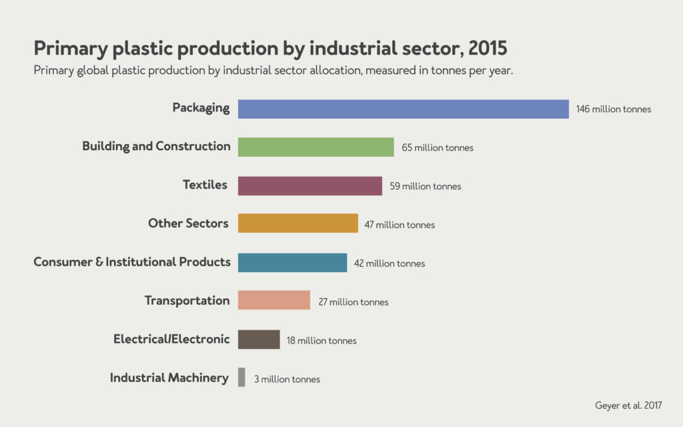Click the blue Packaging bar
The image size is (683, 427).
click(403, 109)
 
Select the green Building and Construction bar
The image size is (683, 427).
click(315, 147)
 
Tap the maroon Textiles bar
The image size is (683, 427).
click(309, 185)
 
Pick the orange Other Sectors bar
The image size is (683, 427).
click(297, 224)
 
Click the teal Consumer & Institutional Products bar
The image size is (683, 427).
click(292, 262)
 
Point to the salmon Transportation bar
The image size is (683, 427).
click(273, 300)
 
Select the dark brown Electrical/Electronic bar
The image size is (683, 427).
click(258, 339)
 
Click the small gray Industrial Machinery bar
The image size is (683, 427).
click(241, 378)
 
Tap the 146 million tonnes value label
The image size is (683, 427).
click(613, 109)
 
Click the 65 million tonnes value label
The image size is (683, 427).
click(438, 147)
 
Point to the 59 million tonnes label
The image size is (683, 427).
click(426, 186)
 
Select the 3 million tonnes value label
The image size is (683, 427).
click(287, 379)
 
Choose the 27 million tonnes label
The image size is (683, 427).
click(353, 302)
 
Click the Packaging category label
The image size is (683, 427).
click(201, 107)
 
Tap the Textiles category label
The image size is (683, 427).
click(205, 185)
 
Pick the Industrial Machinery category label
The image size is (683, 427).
click(169, 378)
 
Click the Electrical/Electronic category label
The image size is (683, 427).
click(171, 339)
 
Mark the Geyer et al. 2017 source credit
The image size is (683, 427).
click(628, 405)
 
